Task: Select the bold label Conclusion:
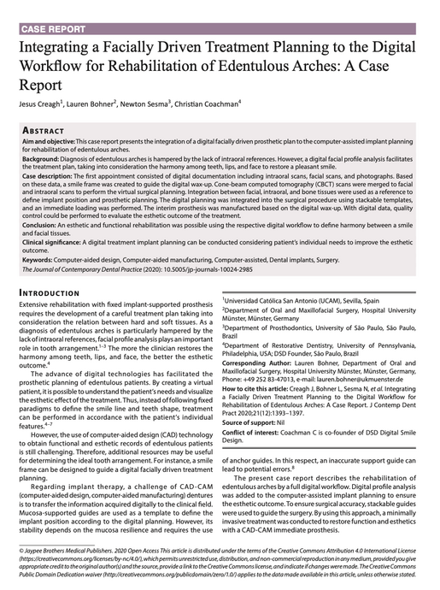pyautogui.click(x=40, y=227)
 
